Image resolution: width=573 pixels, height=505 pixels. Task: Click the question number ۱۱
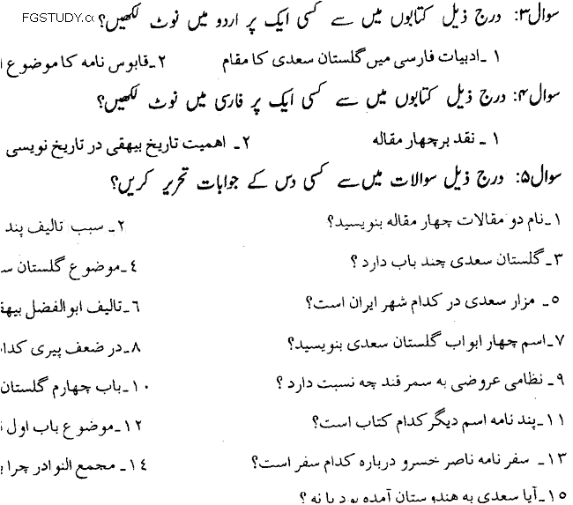click(x=556, y=420)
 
